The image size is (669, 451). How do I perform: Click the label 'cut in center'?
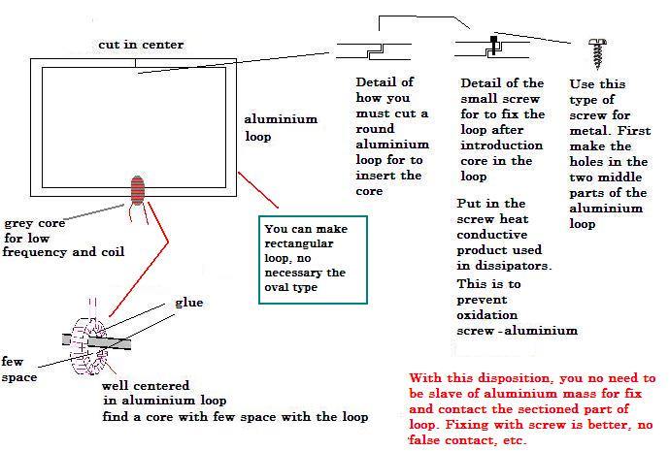tap(140, 46)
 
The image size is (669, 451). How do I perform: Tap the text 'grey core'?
tap(35, 223)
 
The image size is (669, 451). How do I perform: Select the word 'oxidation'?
tap(490, 315)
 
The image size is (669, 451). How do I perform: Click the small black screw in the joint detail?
tap(494, 42)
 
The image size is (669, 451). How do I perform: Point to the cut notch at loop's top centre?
tap(135, 66)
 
